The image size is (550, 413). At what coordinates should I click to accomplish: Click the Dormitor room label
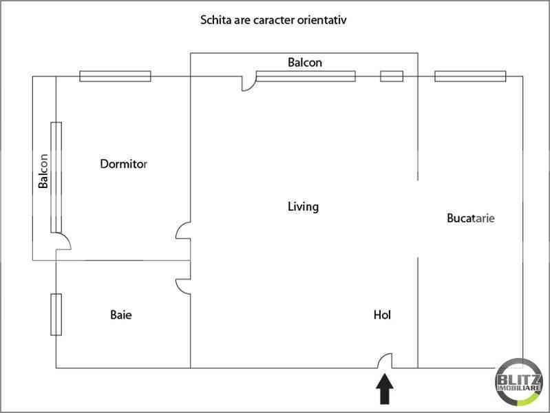click(124, 164)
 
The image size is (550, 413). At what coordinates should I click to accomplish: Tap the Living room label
click(303, 206)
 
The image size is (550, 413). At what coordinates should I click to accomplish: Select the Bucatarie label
click(471, 218)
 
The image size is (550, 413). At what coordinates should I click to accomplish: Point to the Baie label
click(120, 315)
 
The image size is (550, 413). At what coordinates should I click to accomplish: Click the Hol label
click(382, 315)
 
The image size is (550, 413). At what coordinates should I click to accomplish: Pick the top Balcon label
click(304, 62)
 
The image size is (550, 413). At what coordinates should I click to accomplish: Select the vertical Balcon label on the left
click(43, 171)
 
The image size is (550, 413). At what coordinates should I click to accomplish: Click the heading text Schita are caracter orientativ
click(273, 20)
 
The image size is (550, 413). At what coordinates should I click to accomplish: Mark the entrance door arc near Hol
click(385, 361)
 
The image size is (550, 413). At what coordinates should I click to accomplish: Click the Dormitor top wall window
click(115, 76)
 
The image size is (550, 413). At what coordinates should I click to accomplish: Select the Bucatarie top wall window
click(470, 76)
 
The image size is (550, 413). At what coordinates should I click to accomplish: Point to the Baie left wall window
click(56, 314)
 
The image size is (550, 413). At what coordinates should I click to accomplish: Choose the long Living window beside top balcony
click(306, 76)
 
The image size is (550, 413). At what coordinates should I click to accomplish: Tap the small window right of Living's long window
click(392, 76)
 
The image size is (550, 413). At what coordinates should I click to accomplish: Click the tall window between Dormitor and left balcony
click(56, 178)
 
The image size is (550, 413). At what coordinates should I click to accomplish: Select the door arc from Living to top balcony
click(248, 83)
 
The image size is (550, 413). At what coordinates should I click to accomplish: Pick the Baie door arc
click(183, 286)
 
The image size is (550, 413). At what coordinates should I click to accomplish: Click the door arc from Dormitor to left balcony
click(63, 241)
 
